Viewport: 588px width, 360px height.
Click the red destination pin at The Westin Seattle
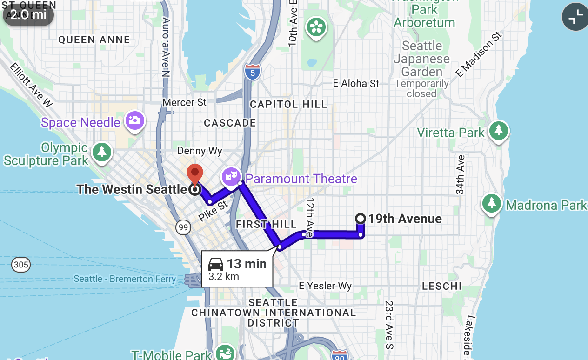click(x=195, y=173)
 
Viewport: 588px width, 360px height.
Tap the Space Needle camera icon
click(x=135, y=120)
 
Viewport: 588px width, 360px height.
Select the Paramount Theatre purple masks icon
click(x=231, y=176)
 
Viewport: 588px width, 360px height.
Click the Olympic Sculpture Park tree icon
click(x=102, y=152)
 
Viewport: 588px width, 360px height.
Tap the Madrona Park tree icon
click(x=491, y=203)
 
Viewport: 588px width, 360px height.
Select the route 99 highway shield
click(x=183, y=227)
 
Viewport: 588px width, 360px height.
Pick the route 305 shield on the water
click(x=21, y=265)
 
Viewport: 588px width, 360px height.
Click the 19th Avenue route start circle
click(x=360, y=218)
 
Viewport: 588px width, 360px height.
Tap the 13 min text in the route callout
click(x=246, y=264)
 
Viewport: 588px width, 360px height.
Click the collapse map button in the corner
click(x=575, y=17)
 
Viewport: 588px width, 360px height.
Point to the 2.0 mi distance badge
click(x=28, y=14)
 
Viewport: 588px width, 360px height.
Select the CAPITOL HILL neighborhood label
click(x=288, y=104)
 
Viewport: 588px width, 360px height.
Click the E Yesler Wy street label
click(x=325, y=286)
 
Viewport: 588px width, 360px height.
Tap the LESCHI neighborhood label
click(x=442, y=286)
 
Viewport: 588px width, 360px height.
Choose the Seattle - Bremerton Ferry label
click(x=125, y=279)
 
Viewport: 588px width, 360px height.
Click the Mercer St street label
click(x=184, y=102)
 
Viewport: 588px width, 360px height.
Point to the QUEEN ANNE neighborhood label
click(x=94, y=40)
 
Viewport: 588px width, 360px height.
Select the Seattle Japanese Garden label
click(x=422, y=59)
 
